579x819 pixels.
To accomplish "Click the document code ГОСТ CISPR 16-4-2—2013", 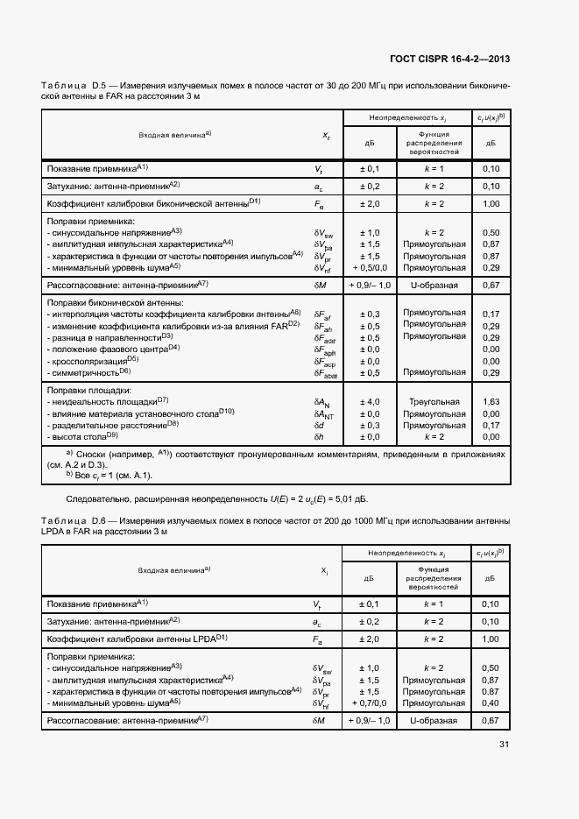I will pyautogui.click(x=449, y=60).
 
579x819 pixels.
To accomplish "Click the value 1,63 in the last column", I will pyautogui.click(x=491, y=401).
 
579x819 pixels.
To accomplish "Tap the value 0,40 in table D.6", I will pyautogui.click(x=491, y=703).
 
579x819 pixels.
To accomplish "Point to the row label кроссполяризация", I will pyautogui.click(x=93, y=360).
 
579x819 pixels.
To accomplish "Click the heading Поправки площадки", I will pyautogui.click(x=88, y=390).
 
